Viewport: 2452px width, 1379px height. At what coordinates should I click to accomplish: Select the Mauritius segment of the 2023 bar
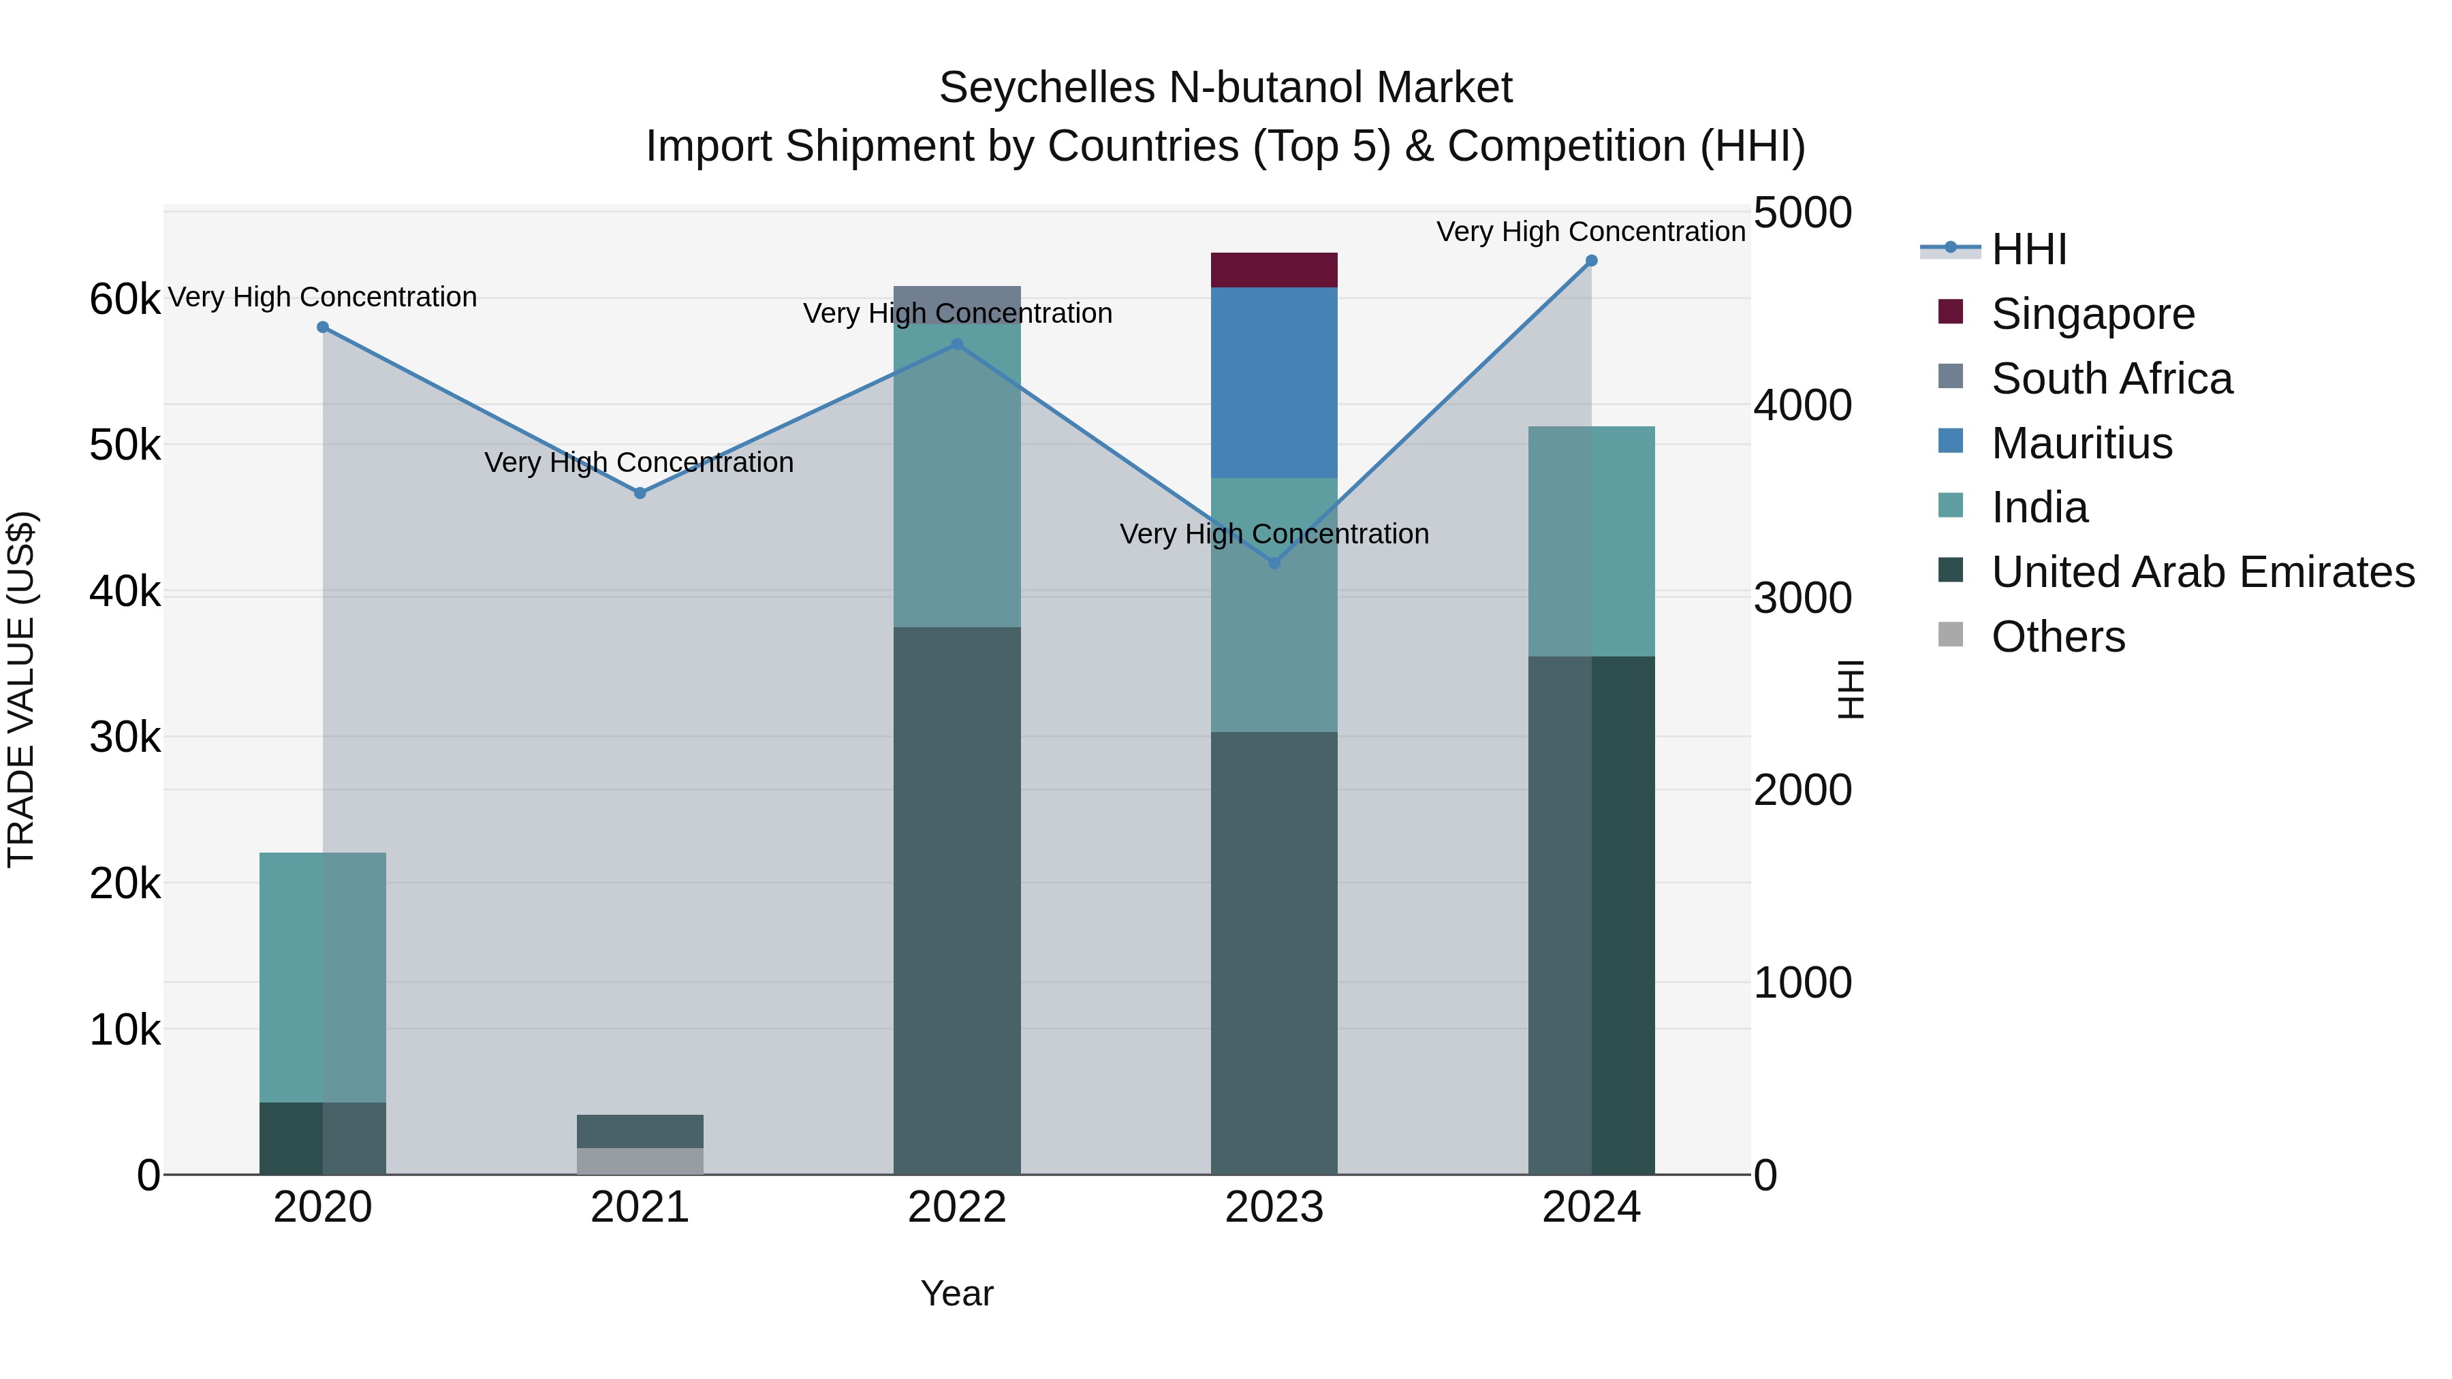1274,381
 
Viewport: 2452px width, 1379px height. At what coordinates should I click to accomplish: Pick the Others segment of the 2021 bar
640,1160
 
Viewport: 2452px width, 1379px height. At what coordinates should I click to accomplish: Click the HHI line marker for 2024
1590,261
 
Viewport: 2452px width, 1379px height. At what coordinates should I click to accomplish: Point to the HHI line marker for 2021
640,493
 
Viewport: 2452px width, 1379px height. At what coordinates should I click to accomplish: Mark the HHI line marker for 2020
323,328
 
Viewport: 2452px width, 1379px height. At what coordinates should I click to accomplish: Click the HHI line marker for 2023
1274,562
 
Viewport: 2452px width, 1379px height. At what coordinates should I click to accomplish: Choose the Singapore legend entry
2092,314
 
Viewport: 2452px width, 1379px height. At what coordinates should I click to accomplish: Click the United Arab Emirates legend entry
2201,572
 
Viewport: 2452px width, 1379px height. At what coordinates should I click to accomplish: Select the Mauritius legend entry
2081,443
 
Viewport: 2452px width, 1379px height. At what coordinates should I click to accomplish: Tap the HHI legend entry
2028,249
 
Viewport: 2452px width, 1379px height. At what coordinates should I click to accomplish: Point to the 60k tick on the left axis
125,300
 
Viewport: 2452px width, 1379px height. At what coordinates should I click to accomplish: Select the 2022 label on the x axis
957,1207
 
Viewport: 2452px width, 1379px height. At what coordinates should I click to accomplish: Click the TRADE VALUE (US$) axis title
21,689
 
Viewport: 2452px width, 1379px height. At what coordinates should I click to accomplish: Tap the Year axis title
957,1293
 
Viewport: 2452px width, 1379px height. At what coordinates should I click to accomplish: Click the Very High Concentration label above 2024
1590,232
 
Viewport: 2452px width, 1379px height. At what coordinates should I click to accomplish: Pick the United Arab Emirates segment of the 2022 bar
957,900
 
